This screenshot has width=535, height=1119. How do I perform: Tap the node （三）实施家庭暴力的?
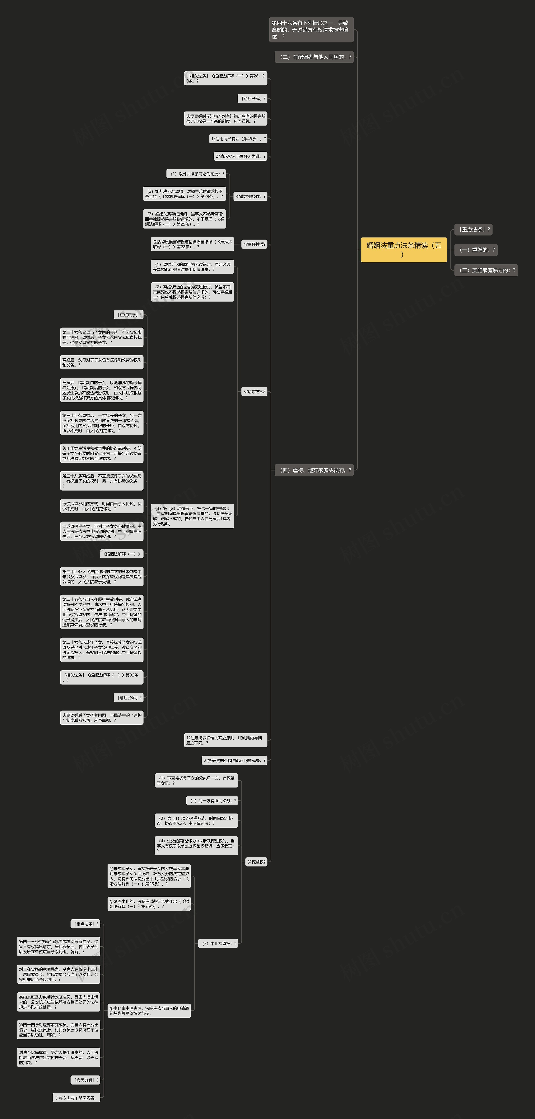(486, 270)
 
